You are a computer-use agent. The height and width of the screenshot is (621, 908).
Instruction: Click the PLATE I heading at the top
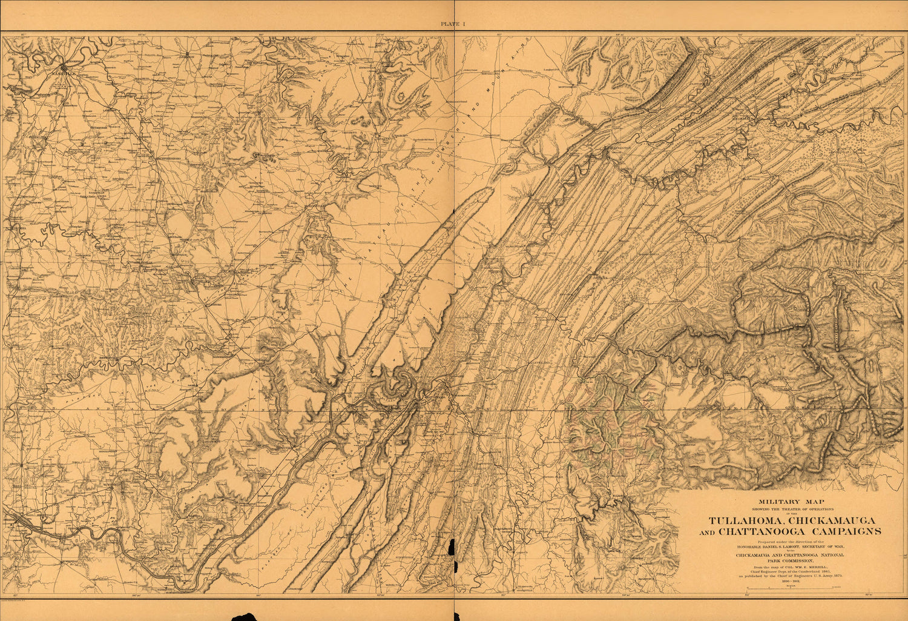point(453,24)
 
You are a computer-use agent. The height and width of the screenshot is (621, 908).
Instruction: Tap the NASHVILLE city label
point(62,73)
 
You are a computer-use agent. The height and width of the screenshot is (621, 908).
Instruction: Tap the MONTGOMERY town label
point(568,87)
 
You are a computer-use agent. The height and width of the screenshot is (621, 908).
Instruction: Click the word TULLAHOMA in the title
point(742,520)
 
